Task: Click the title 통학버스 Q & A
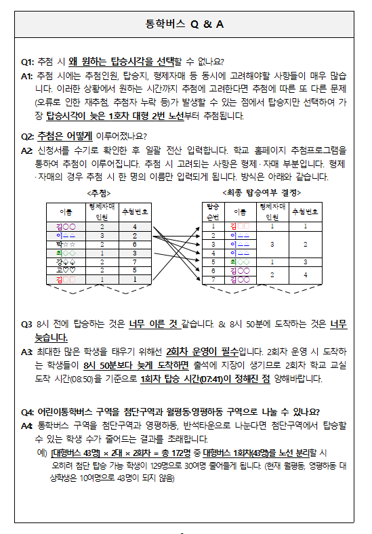185,24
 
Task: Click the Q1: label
28,61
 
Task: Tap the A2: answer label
28,149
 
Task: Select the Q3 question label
27,324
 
